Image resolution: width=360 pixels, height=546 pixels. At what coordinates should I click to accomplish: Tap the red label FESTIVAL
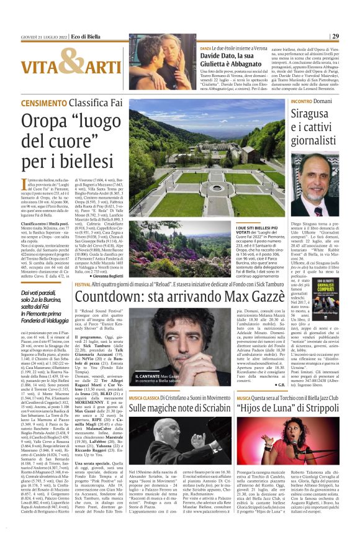click(83, 283)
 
